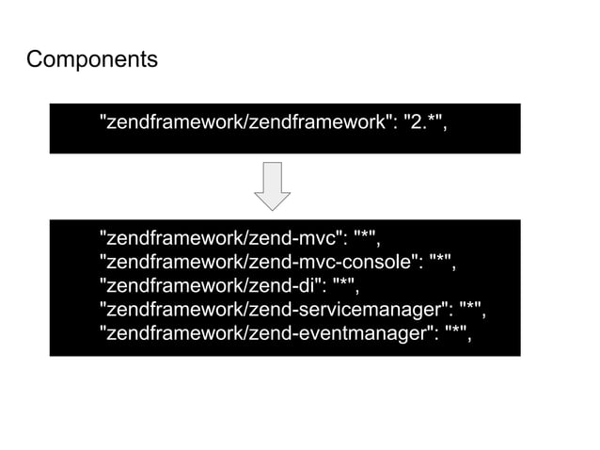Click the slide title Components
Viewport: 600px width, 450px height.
tap(91, 60)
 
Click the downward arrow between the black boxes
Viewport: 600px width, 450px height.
tap(272, 185)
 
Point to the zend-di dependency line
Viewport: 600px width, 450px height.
tap(229, 285)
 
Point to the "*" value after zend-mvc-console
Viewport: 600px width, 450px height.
tap(441, 260)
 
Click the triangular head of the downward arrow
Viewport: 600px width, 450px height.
tap(272, 200)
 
